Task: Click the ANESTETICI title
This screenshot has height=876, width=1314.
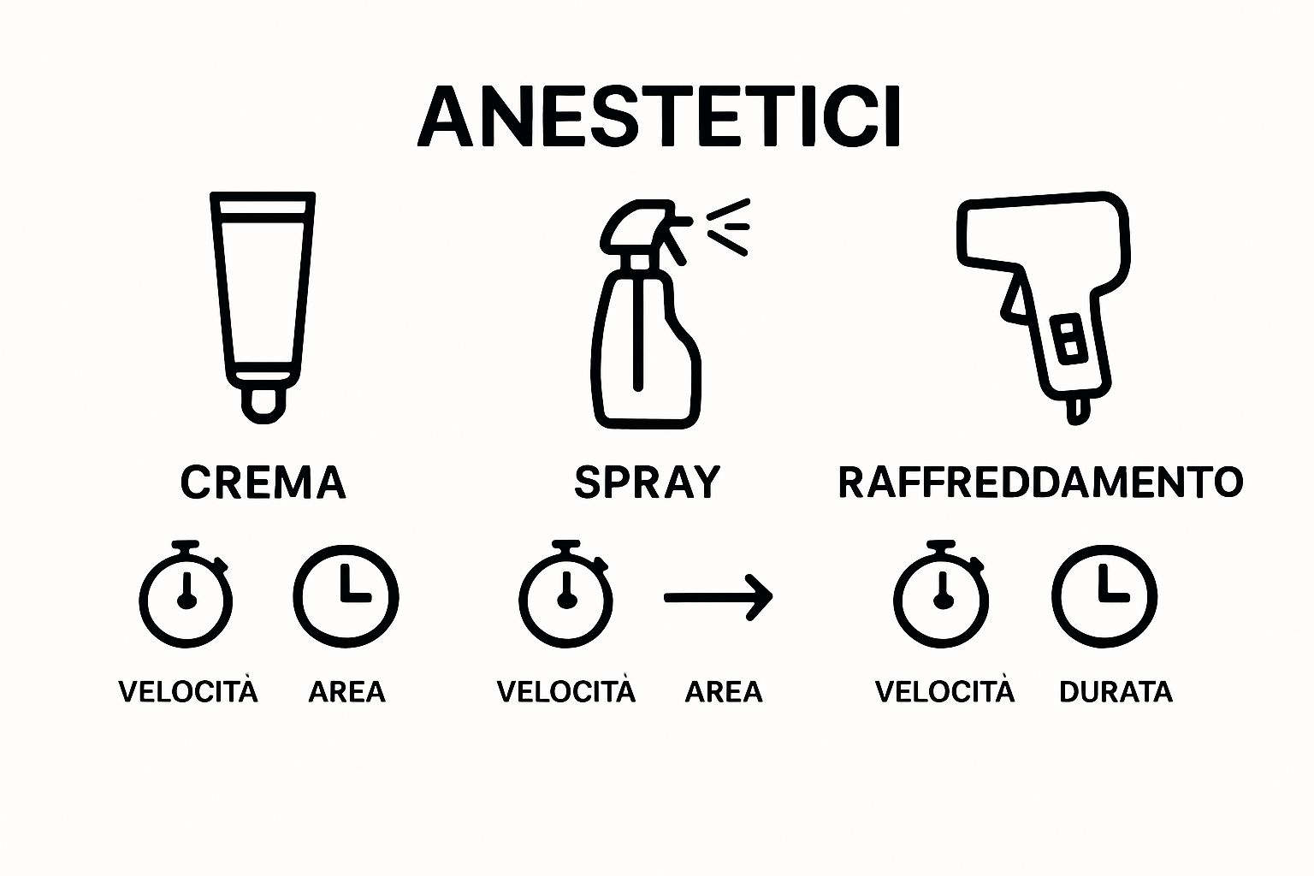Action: [659, 117]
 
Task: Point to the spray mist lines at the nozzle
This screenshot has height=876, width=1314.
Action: [728, 226]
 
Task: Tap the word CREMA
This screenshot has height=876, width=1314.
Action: [263, 482]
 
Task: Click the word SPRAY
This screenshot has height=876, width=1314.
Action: [648, 482]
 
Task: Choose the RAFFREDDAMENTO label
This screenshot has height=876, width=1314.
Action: [1040, 482]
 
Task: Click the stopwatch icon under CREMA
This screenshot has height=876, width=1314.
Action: [186, 595]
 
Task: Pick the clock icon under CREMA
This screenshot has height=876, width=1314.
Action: [346, 595]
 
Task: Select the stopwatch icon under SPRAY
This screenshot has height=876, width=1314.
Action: [565, 595]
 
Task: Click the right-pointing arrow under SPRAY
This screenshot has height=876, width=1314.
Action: [719, 596]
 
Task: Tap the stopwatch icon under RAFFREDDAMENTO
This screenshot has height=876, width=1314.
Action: [941, 595]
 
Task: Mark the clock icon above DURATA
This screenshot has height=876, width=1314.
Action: [1104, 595]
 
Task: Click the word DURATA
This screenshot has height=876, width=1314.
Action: [1116, 691]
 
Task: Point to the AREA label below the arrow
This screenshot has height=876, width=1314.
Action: [723, 691]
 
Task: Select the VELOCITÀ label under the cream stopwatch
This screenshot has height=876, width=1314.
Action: [187, 691]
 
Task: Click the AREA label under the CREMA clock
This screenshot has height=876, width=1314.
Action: [346, 691]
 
